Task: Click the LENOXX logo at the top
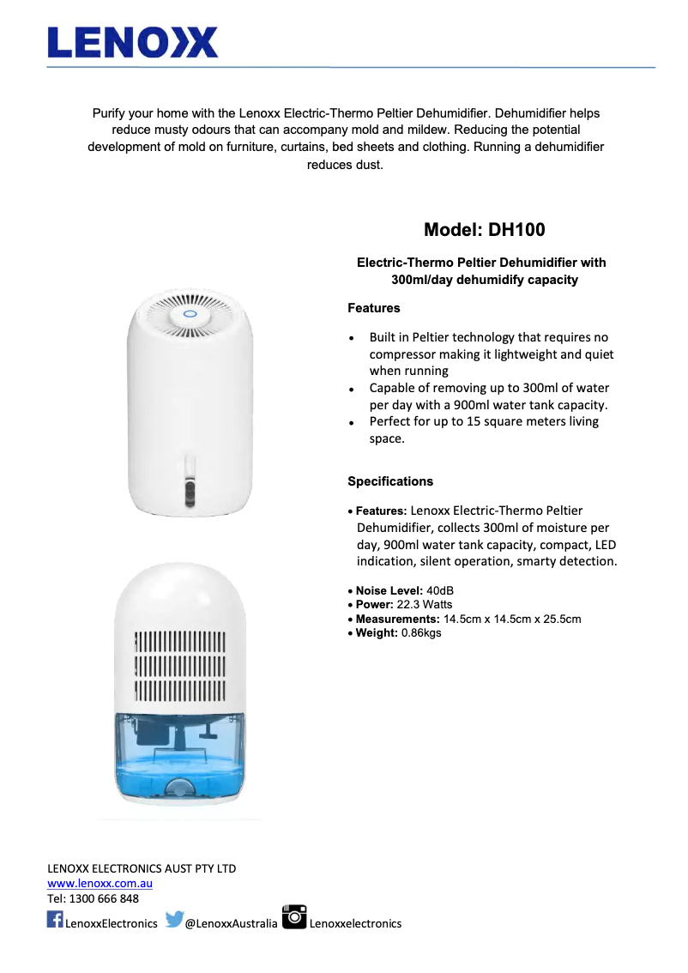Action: (133, 42)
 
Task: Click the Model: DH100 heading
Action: (484, 230)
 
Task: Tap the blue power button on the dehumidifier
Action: (190, 314)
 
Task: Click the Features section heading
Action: (373, 308)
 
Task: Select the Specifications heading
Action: (390, 481)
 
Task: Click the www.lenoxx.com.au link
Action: (100, 884)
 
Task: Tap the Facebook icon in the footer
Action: (55, 920)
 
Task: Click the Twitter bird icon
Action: (174, 920)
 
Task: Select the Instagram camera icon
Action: (294, 916)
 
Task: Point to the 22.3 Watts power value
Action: (425, 605)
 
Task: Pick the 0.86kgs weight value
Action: (421, 633)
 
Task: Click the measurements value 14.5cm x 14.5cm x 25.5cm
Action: (512, 619)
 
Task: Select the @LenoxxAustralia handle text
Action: (232, 924)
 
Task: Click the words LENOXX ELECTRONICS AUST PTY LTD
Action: (142, 868)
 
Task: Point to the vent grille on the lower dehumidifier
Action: (180, 667)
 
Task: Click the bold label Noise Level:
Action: (389, 591)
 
